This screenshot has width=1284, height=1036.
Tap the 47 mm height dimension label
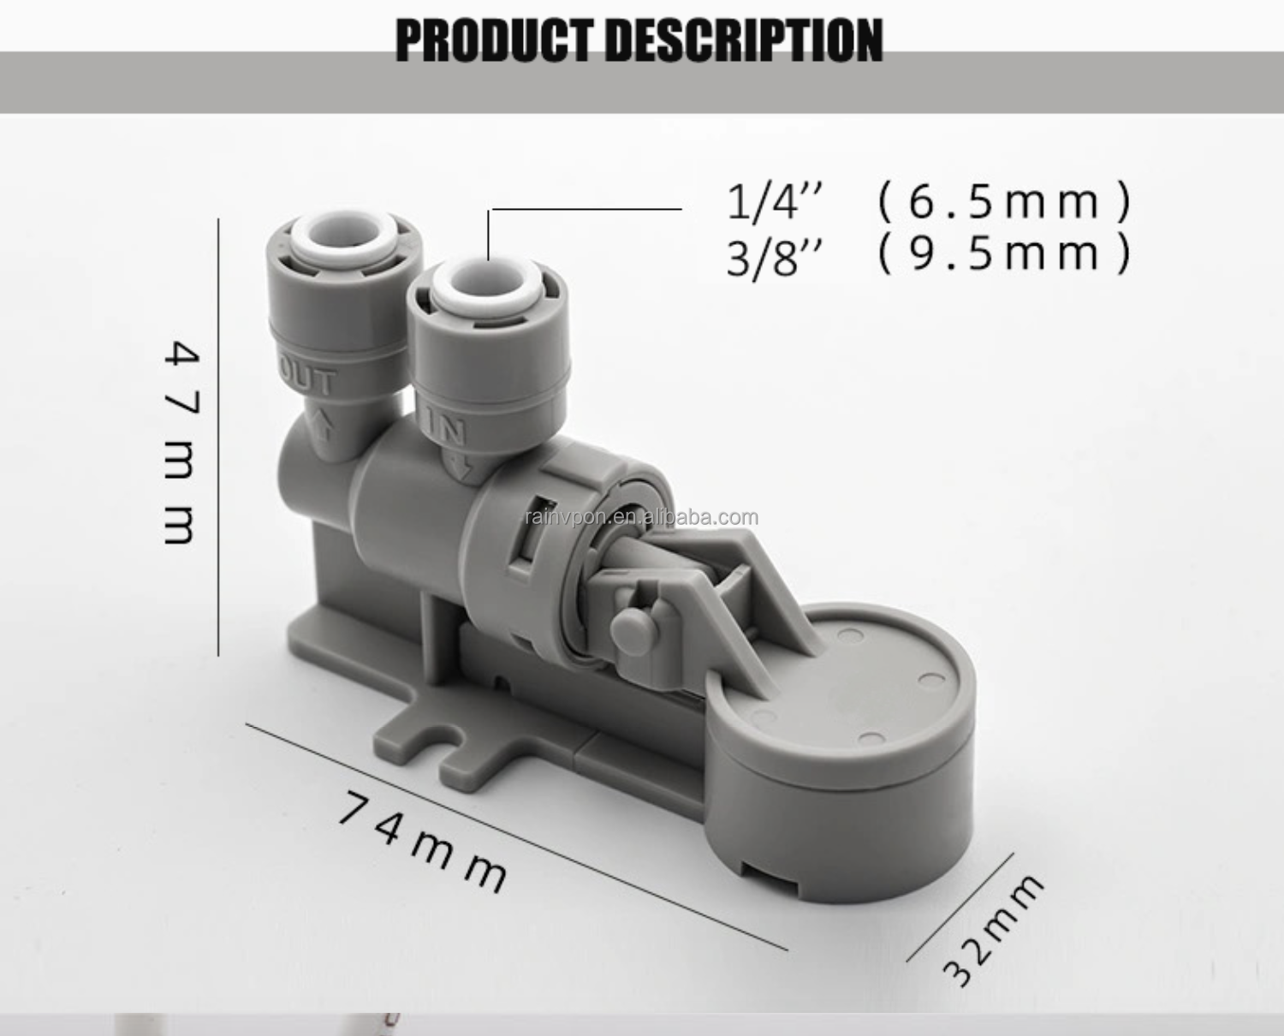click(x=181, y=442)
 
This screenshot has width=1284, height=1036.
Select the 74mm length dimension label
click(x=423, y=842)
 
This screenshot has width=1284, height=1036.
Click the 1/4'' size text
click(x=775, y=202)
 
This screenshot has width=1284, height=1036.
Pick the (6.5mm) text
click(x=1005, y=202)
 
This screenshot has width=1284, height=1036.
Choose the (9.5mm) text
click(x=1005, y=253)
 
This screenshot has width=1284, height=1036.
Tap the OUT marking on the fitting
click(x=308, y=378)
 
